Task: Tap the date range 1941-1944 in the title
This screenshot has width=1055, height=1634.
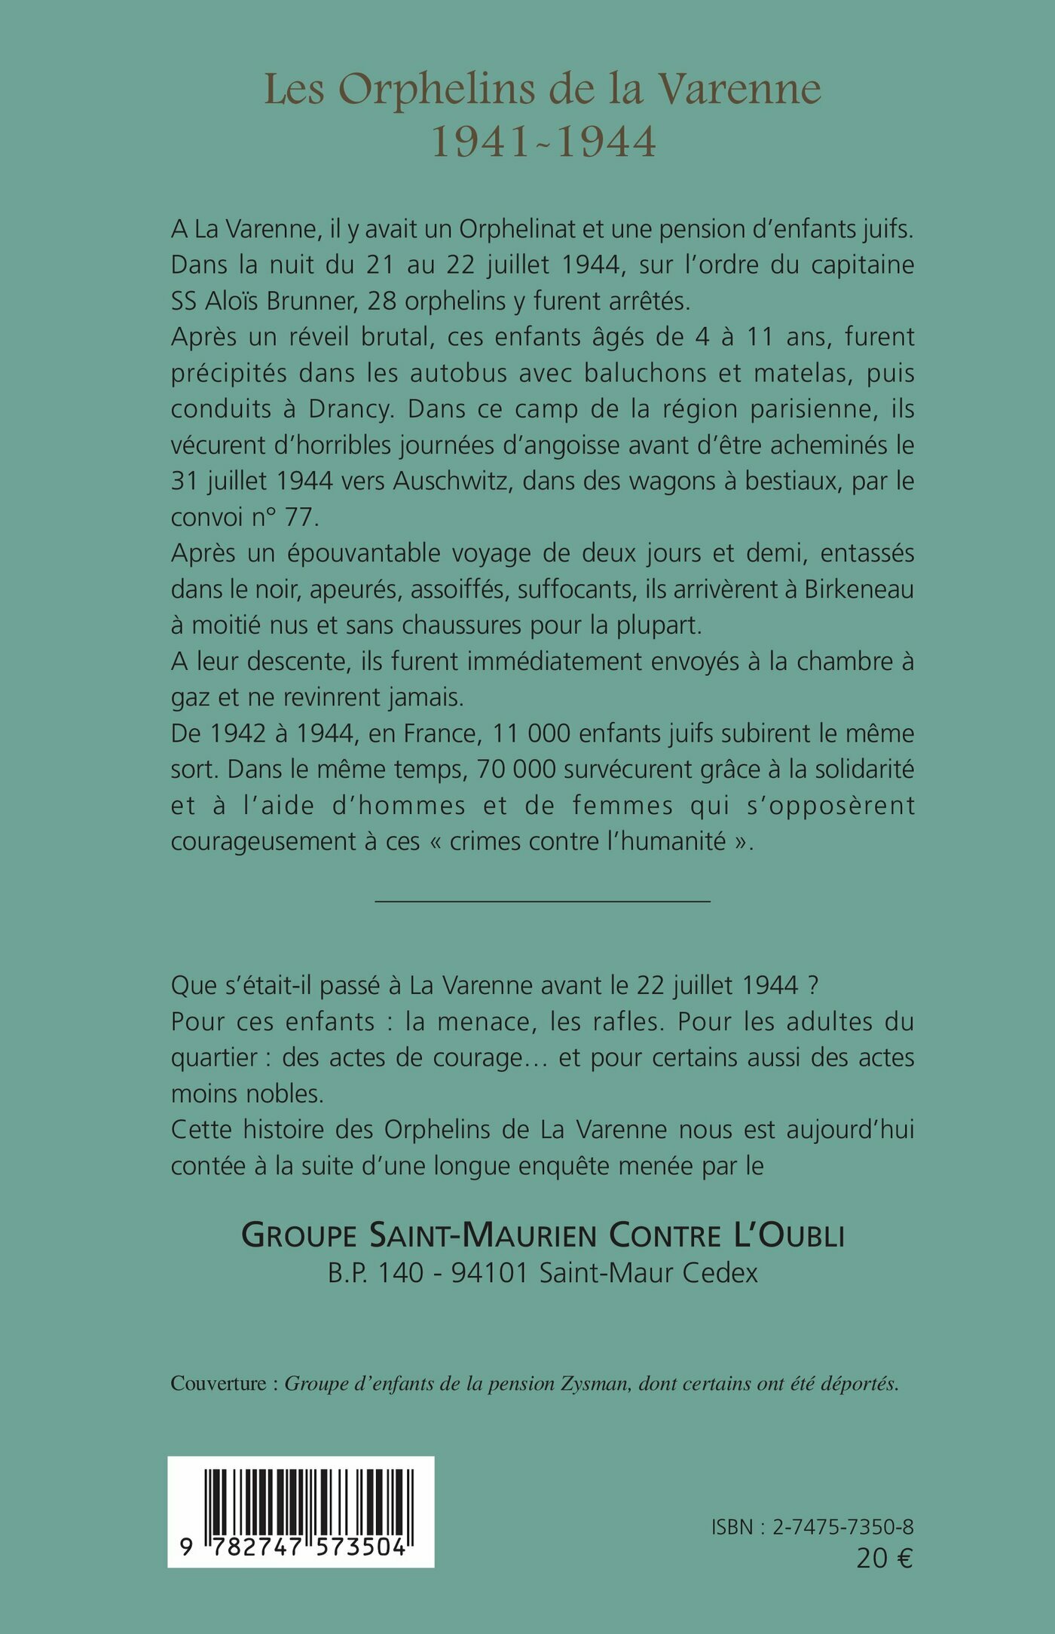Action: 543,141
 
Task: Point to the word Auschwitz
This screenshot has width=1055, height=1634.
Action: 451,481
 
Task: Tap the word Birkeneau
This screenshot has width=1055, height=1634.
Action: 859,589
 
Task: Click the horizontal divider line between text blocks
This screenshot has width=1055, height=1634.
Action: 543,901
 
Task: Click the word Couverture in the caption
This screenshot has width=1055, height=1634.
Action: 219,1384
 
